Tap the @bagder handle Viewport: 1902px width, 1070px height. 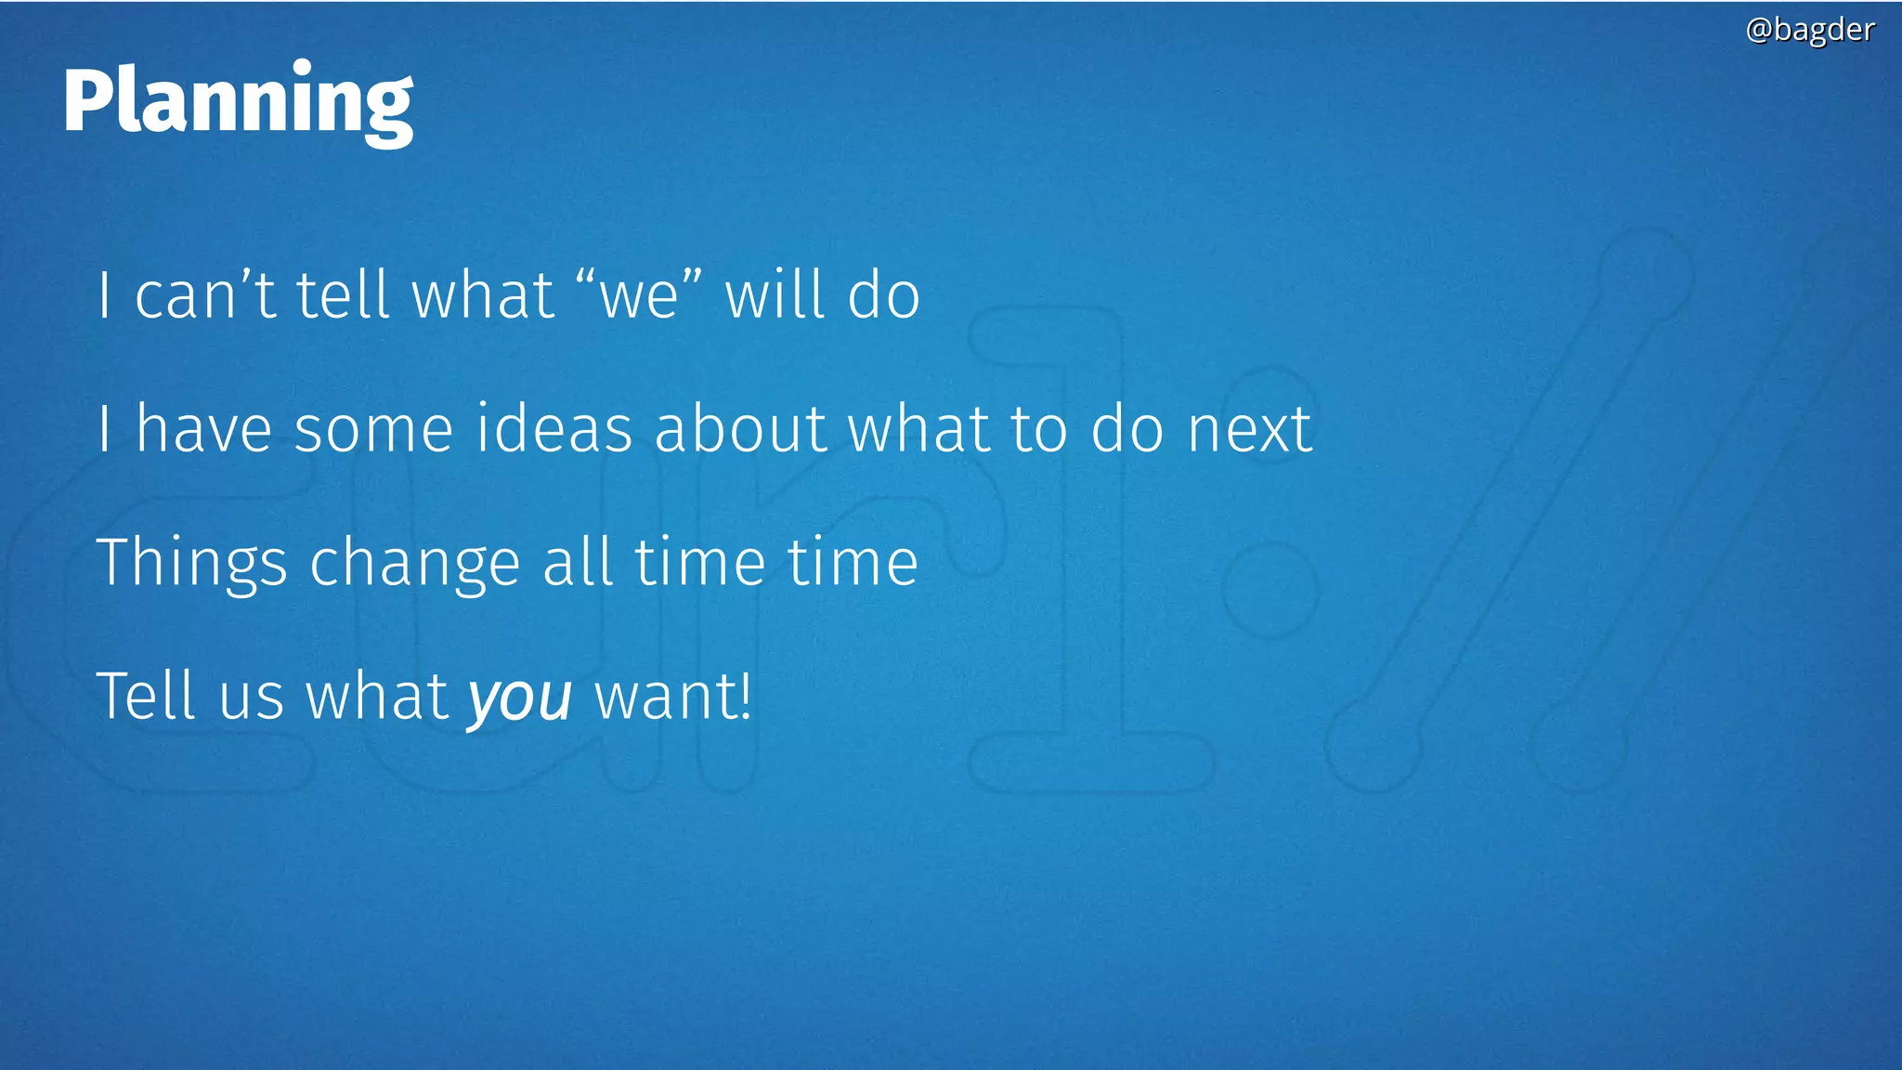(x=1809, y=30)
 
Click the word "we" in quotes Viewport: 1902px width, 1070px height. (x=639, y=295)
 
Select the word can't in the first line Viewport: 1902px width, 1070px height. (x=205, y=295)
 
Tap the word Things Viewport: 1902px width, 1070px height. (x=192, y=563)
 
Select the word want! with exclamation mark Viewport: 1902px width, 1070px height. (x=672, y=697)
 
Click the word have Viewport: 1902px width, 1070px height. (x=204, y=429)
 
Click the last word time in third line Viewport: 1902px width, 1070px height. (x=853, y=563)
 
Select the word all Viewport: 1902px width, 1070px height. (x=578, y=563)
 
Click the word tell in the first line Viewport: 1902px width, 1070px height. (x=343, y=295)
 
